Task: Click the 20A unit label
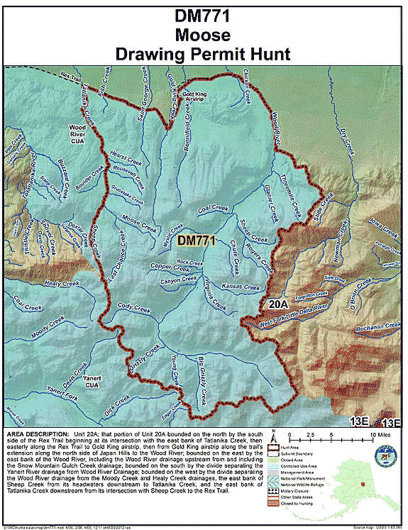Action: click(278, 304)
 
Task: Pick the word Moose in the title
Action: click(204, 33)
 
